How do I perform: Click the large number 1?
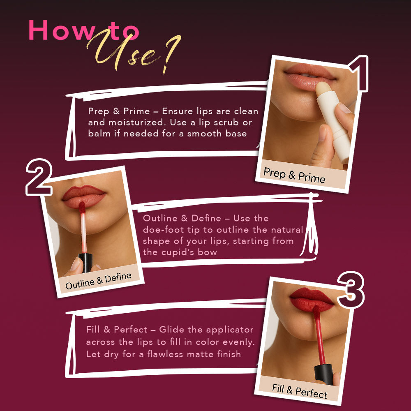tap(359, 74)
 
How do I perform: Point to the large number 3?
tap(351, 290)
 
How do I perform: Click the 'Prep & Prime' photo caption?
tap(294, 175)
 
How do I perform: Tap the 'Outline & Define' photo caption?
tap(98, 281)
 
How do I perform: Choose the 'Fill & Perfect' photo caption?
tap(300, 391)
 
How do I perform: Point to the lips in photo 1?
tap(310, 76)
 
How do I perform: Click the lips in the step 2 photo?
tap(84, 196)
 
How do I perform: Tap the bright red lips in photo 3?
tap(312, 300)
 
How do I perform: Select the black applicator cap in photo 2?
tap(85, 262)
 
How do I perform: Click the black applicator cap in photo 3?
tap(324, 374)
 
